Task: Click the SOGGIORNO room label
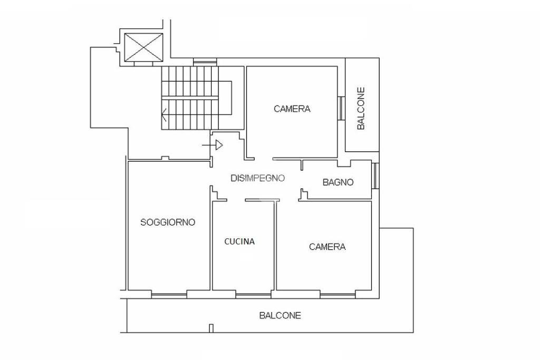pos(168,222)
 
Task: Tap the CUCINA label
pos(239,241)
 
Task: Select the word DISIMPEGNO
pos(257,178)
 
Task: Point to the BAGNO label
pos(338,182)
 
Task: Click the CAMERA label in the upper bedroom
pos(292,109)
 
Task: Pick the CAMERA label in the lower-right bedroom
pos(327,247)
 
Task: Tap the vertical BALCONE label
pos(361,109)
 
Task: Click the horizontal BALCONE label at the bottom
pos(280,315)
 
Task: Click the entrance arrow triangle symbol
pos(219,145)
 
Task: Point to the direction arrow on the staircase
pos(164,114)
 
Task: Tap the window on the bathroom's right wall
pos(375,176)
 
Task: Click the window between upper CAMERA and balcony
pos(341,108)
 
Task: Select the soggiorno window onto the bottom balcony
pos(169,294)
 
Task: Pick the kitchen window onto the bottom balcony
pos(253,294)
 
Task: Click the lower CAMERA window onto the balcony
pos(337,294)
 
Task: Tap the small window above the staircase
pos(205,62)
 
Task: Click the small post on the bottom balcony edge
pos(211,328)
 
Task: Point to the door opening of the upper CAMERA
pos(264,159)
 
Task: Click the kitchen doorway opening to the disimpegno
pos(236,200)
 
